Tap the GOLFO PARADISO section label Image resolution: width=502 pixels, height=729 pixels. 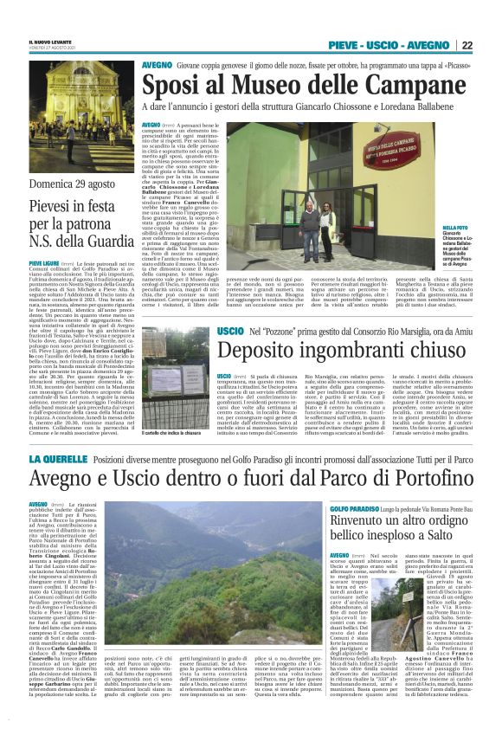coord(353,508)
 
